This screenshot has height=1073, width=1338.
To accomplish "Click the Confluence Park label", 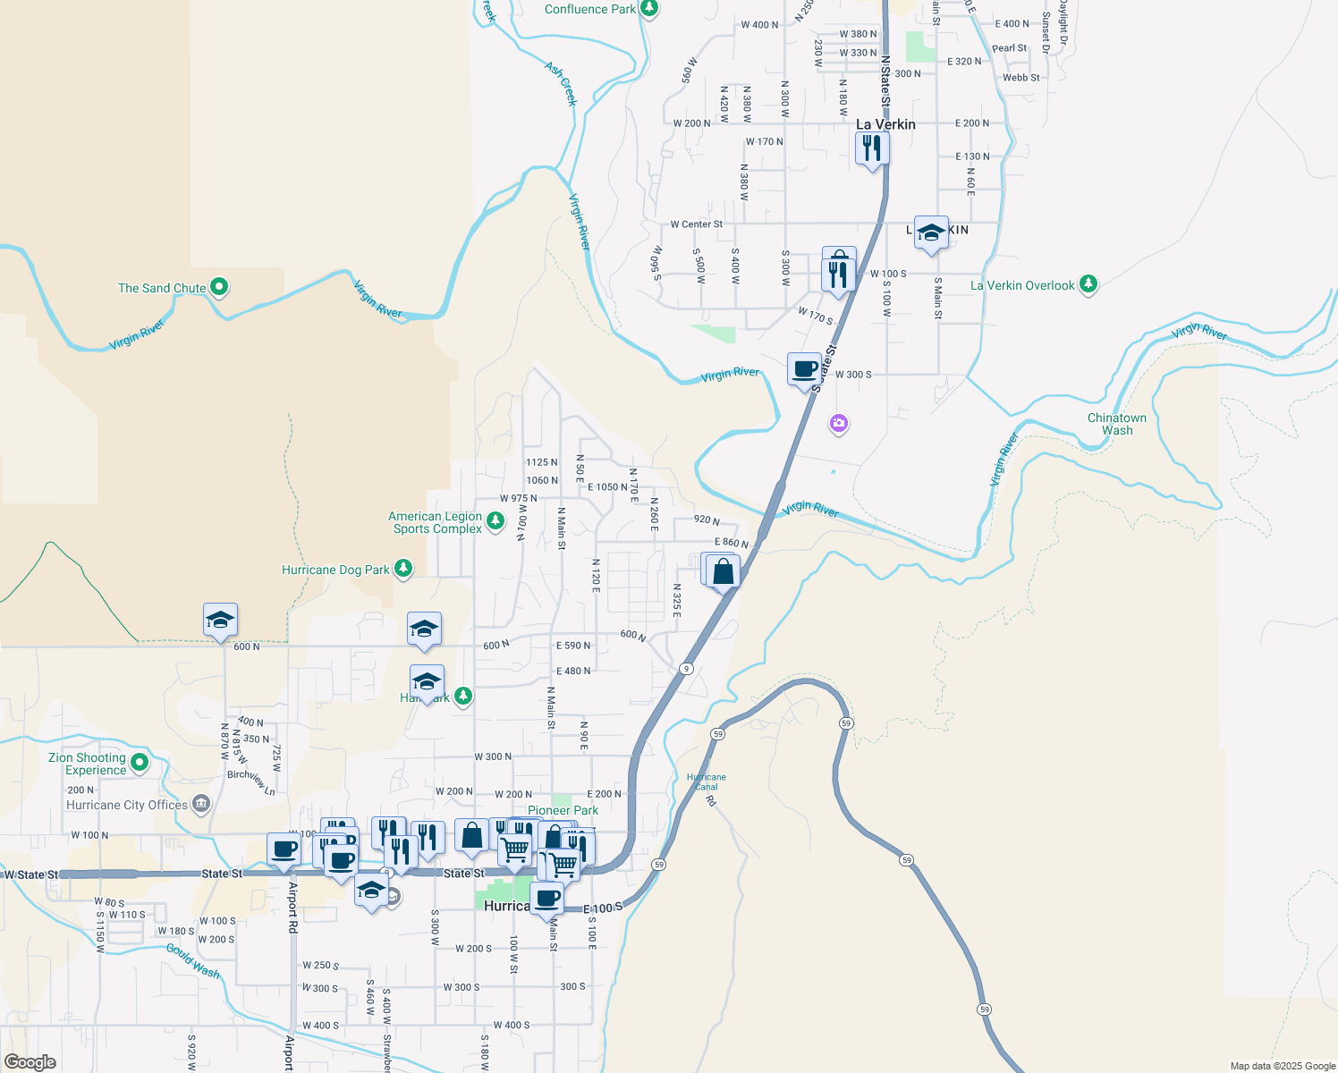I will tap(590, 10).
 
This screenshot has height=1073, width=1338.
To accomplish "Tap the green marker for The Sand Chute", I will tap(219, 287).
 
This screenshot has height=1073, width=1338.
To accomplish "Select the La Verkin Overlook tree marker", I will tap(1088, 284).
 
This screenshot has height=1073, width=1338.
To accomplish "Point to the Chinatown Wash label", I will tap(1116, 424).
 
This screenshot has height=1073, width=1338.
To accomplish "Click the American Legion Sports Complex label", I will tap(436, 523).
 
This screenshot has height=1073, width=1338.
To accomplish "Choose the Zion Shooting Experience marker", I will tap(140, 762).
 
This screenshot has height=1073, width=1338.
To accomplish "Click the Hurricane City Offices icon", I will tap(200, 804).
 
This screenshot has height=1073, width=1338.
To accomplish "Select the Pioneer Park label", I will tap(563, 810).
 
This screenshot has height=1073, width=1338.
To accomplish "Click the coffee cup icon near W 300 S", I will tap(805, 369).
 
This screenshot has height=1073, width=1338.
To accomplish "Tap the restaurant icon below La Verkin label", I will tap(872, 148).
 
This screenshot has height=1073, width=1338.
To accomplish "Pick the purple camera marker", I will tap(838, 423).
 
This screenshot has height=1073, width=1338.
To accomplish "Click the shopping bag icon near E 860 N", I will tap(724, 571).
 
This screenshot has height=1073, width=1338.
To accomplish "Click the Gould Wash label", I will tap(193, 960).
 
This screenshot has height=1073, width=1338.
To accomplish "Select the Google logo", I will tap(30, 1062).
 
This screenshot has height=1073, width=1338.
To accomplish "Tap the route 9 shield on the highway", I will tap(686, 669).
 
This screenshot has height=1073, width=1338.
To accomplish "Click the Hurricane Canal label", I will tap(707, 782).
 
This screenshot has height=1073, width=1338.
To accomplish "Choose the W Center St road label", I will tap(696, 224).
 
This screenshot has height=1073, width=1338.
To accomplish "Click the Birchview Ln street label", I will tap(251, 782).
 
